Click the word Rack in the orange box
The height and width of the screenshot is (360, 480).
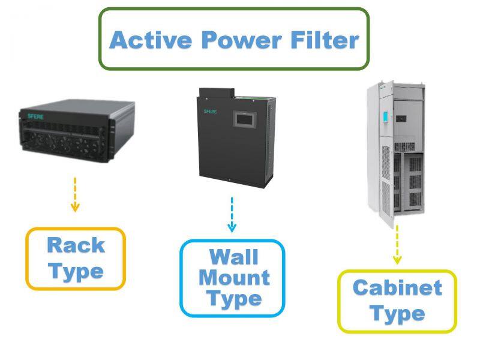pyautogui.click(x=76, y=245)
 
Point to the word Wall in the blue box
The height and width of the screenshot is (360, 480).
pyautogui.click(x=233, y=257)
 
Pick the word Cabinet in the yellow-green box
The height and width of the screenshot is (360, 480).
pyautogui.click(x=397, y=287)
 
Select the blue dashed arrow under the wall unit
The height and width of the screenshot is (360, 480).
pyautogui.click(x=232, y=215)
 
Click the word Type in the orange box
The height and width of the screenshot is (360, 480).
pyautogui.click(x=76, y=271)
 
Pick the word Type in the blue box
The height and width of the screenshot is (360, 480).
pyautogui.click(x=233, y=298)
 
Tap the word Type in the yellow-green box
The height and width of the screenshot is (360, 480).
pyautogui.click(x=397, y=313)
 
